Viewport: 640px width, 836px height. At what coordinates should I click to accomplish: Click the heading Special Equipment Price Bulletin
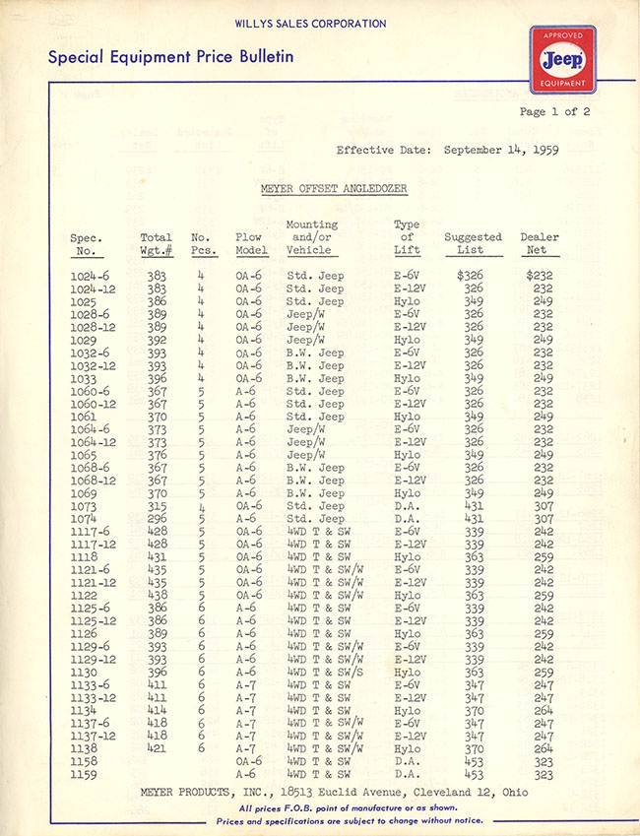170,56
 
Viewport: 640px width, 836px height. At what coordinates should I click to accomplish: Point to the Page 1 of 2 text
554,111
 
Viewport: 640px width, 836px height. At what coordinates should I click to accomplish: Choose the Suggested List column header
473,243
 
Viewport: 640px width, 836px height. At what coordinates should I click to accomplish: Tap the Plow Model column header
248,243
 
